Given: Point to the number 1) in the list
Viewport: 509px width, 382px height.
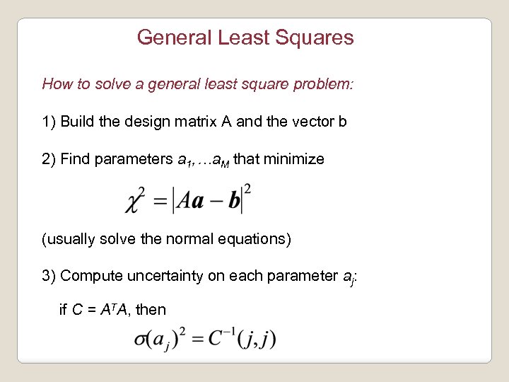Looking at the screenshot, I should coord(49,122).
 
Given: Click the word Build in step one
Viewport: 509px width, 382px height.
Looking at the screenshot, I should coord(76,122).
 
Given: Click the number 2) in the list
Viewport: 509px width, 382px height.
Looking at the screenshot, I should coord(49,159).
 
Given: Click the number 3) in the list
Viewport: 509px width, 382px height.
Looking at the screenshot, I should coord(49,276).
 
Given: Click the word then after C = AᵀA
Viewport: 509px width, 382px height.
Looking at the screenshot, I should coord(151,309).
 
